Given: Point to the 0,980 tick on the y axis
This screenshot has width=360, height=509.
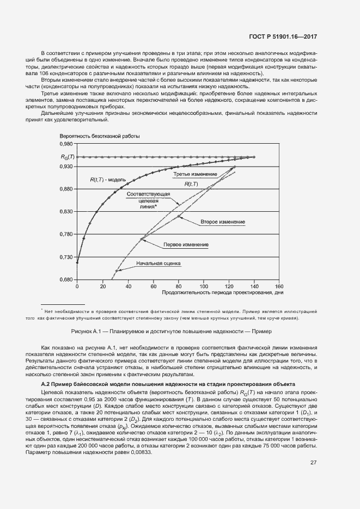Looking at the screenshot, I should [x=65, y=144].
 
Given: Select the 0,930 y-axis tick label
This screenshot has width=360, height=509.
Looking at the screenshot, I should [x=65, y=167].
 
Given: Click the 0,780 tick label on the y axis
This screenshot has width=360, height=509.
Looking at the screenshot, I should [x=65, y=235].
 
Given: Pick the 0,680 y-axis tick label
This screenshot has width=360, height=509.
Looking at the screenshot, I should [x=65, y=280].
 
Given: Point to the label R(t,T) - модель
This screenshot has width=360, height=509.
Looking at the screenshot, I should [x=108, y=179].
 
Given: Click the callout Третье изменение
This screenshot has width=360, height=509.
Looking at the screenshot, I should [x=195, y=174].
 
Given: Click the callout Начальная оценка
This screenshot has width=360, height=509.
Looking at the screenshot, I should [x=158, y=263].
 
